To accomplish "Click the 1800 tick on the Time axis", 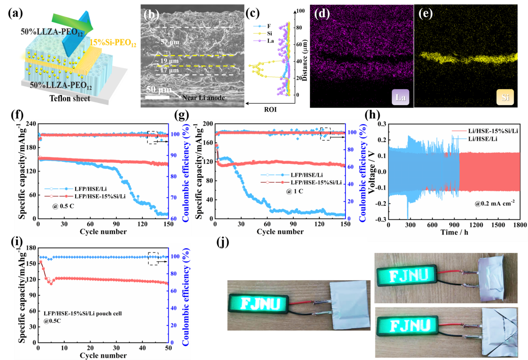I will point(519,225).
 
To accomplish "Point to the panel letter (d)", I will point(321,13).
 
